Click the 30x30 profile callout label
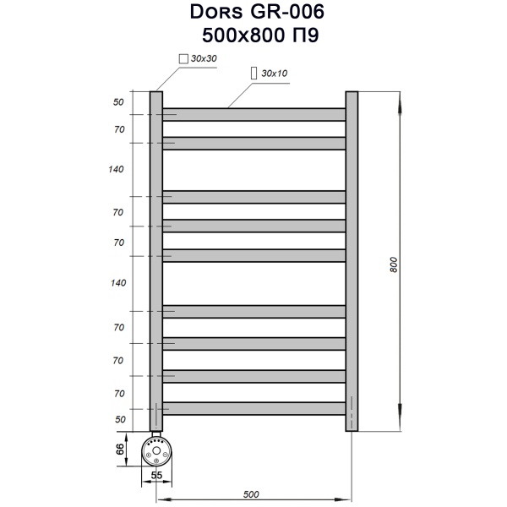click(204, 58)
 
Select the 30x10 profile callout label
click(275, 74)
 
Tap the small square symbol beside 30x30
click(183, 58)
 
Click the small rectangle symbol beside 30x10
click(254, 74)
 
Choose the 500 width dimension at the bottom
click(252, 493)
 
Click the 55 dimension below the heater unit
click(155, 476)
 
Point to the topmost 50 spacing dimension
click(118, 102)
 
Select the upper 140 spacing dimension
click(117, 169)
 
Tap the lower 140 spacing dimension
click(117, 282)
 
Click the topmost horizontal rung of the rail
click(253, 114)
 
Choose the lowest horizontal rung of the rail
click(253, 408)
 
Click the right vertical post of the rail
click(352, 262)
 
